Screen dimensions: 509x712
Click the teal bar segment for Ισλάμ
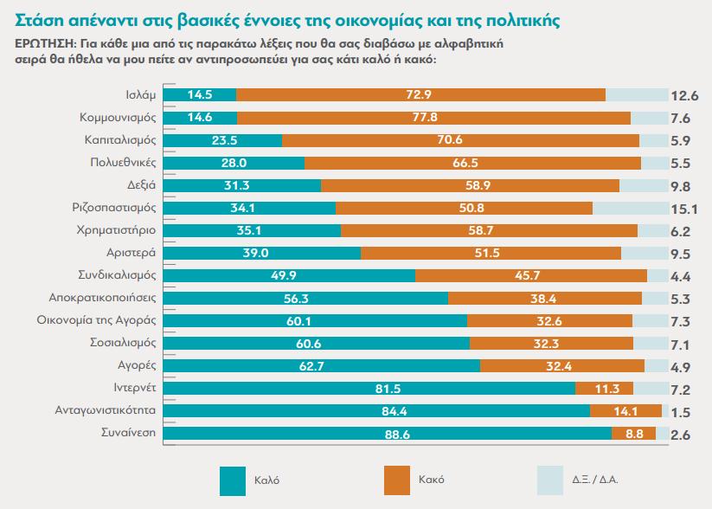pos(199,95)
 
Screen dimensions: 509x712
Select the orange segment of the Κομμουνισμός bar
pos(433,118)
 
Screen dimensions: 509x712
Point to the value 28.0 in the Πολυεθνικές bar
pos(234,163)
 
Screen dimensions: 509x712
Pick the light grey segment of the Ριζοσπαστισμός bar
pos(631,208)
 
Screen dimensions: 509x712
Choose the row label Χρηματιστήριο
pos(119,230)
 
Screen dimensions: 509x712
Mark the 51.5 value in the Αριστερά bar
pos(491,253)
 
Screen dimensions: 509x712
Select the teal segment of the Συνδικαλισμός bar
pos(289,275)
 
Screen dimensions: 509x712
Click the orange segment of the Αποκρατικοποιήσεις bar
pos(545,298)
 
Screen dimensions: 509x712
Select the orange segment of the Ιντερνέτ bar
pos(604,388)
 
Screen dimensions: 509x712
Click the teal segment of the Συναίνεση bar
pos(387,433)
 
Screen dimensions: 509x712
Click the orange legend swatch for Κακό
pos(395,479)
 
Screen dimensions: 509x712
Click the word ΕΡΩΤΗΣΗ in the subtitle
pos(42,42)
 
